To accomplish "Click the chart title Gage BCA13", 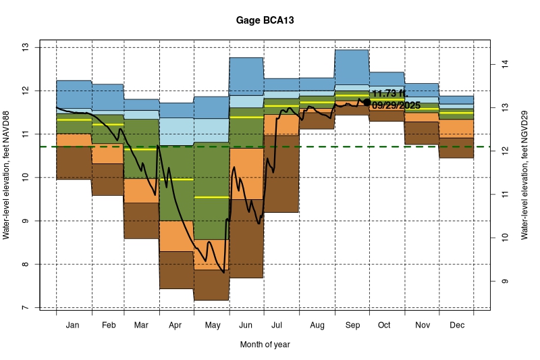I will [265, 21].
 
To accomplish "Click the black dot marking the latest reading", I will [367, 102].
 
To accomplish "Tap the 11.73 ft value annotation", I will [389, 93].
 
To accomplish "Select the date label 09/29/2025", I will [396, 105].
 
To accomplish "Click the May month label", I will [212, 326].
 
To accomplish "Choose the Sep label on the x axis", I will [352, 326].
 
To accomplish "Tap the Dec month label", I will [456, 326].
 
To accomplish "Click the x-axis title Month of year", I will [265, 344].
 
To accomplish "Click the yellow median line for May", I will [212, 197].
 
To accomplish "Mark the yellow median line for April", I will [176, 180].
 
